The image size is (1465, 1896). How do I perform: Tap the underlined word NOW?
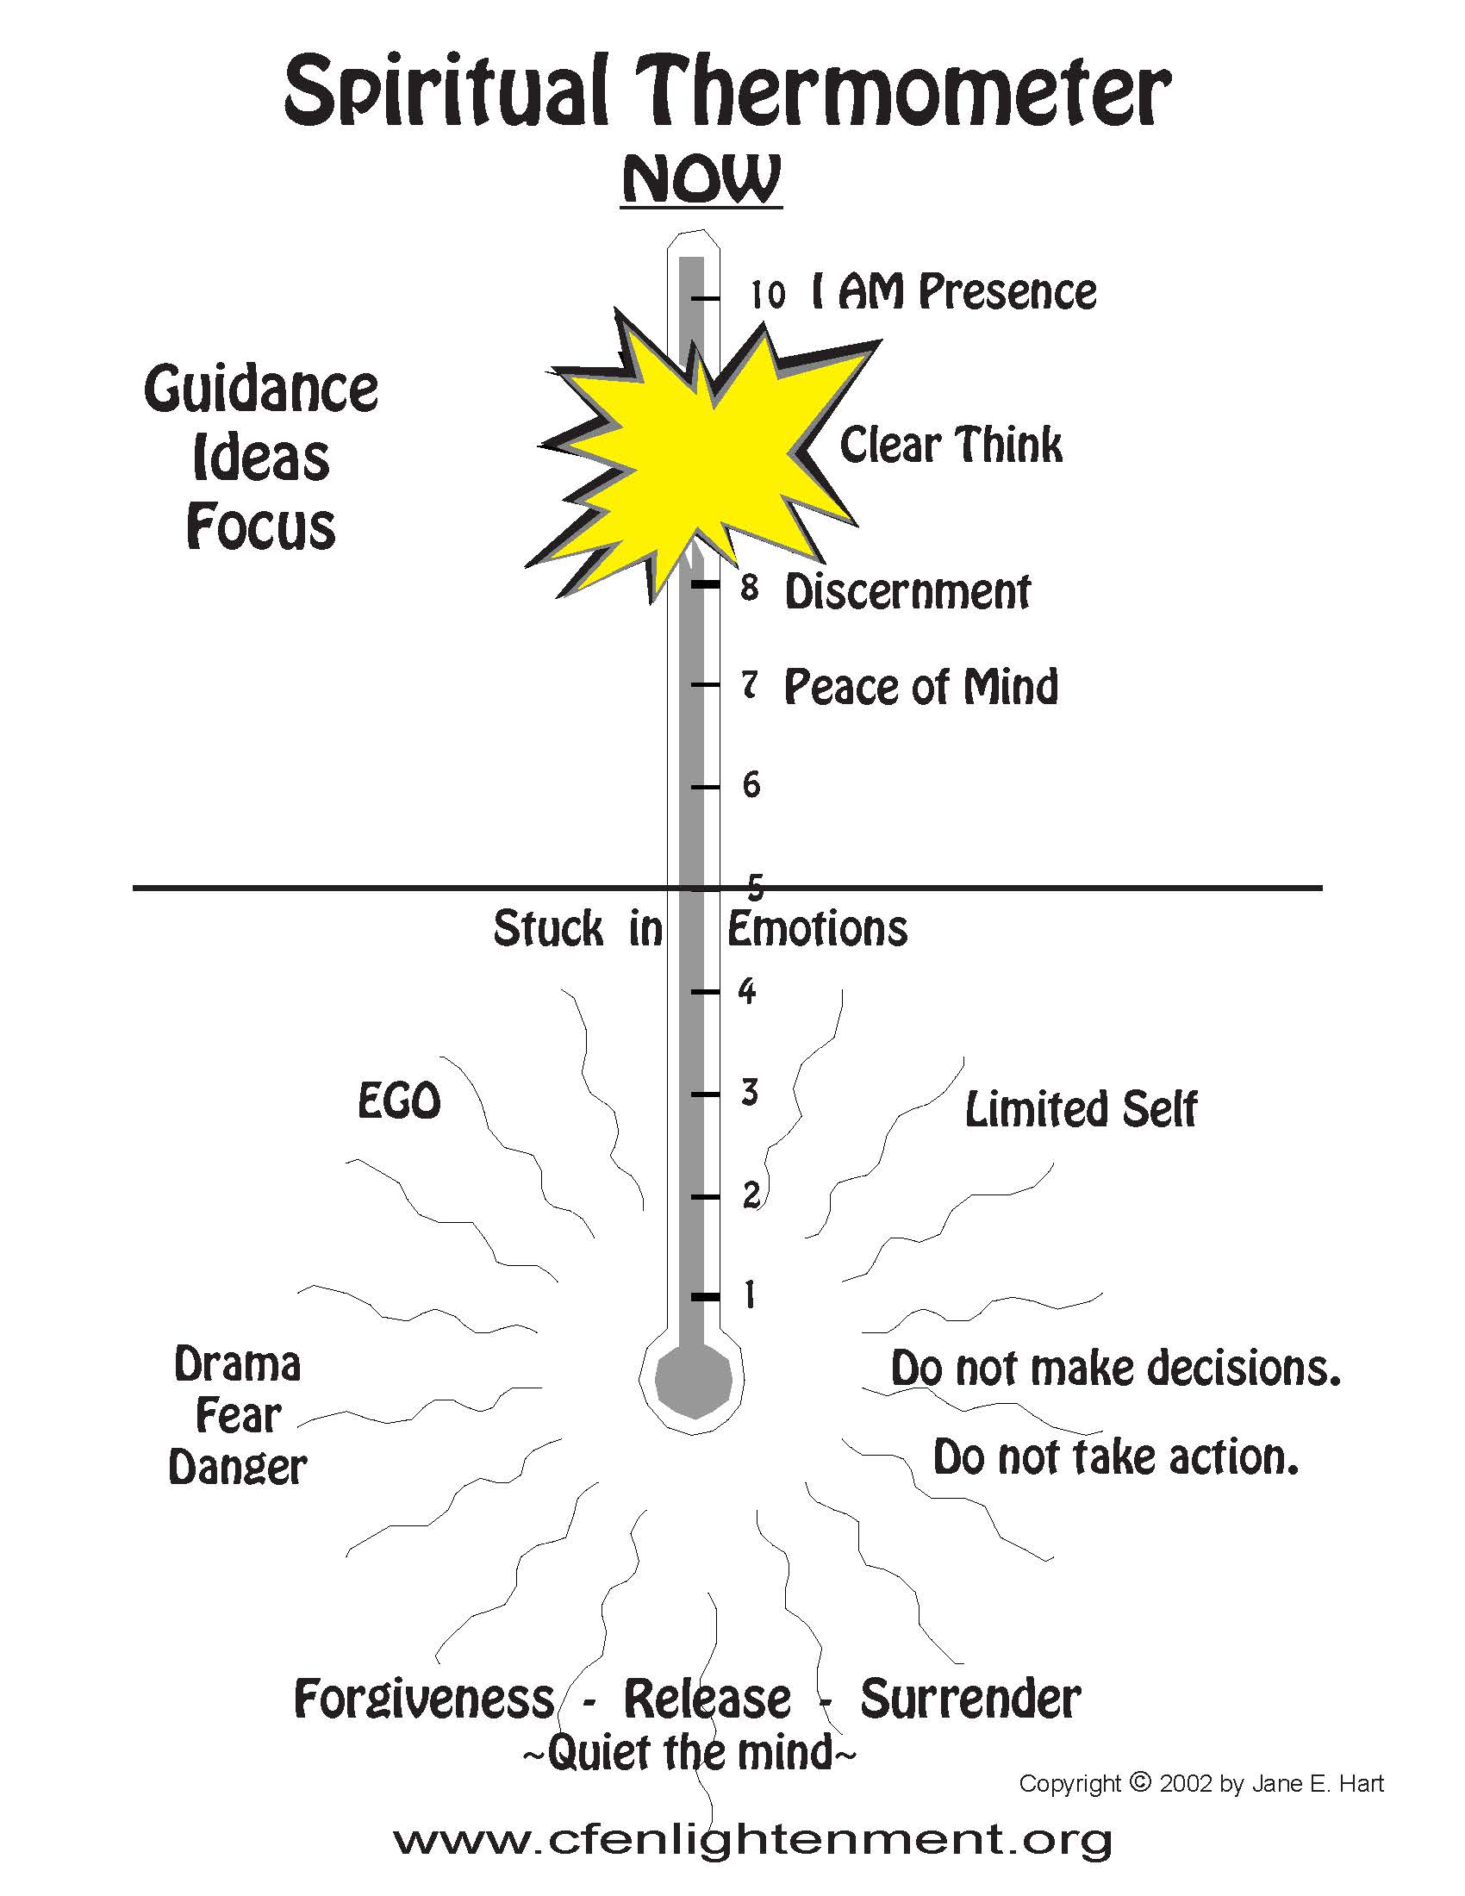click(701, 181)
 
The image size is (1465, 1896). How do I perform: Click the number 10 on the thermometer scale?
click(767, 295)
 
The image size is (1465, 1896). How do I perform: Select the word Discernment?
click(907, 592)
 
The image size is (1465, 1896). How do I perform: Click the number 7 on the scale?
click(750, 686)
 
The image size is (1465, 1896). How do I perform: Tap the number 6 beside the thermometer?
click(751, 786)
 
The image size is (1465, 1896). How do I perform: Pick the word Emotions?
click(818, 929)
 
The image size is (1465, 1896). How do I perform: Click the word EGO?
click(399, 1101)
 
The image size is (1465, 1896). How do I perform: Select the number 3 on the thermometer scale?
click(750, 1092)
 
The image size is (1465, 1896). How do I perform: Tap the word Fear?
click(238, 1416)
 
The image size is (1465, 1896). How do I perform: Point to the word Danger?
click(237, 1468)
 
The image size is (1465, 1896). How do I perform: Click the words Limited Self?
click(1081, 1109)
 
